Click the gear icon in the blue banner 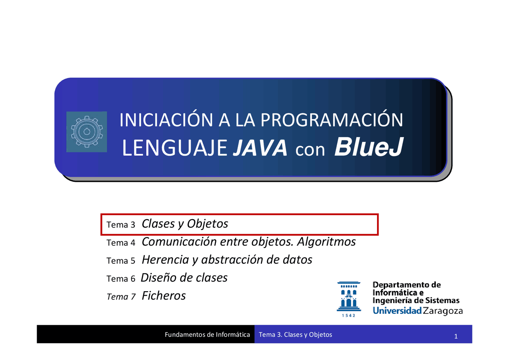click(x=86, y=132)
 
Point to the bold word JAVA click(x=259, y=149)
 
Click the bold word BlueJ click(x=369, y=148)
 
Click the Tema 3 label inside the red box click(x=121, y=225)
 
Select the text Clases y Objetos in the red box click(x=185, y=224)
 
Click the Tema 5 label click(x=121, y=261)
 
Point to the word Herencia click(x=165, y=260)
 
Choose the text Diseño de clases click(x=184, y=277)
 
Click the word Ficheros click(x=164, y=296)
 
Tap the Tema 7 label click(x=121, y=297)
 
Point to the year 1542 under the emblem click(x=349, y=316)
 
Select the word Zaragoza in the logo click(x=443, y=311)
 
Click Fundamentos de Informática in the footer click(x=207, y=335)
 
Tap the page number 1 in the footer click(x=456, y=337)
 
